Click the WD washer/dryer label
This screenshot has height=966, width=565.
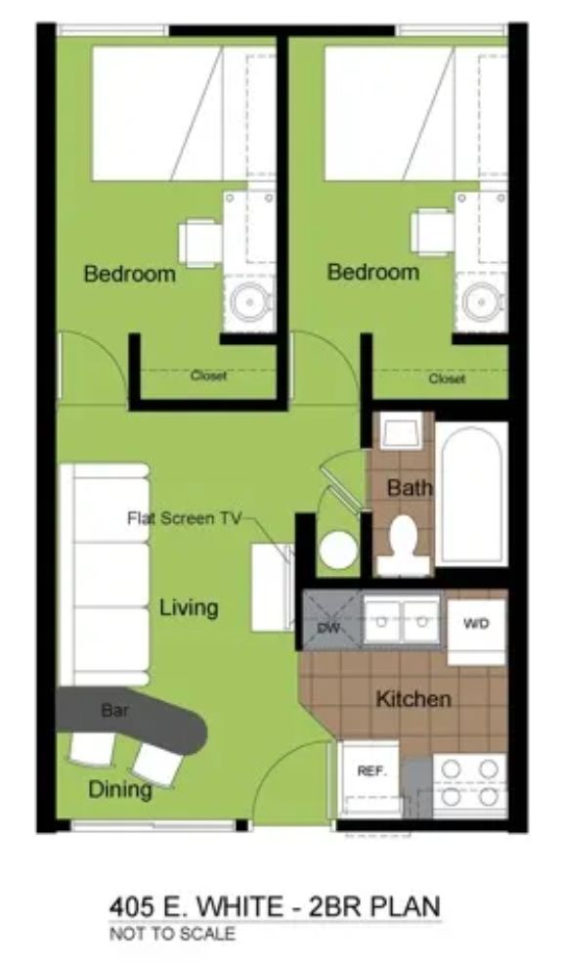pos(476,624)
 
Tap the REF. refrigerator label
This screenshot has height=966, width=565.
pos(371,770)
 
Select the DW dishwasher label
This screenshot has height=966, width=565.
pos(329,627)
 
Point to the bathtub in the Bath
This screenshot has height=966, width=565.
pos(471,494)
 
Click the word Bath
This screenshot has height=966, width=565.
pos(410,488)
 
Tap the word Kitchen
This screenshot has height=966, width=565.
pos(413,699)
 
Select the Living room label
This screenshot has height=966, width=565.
pos(189,609)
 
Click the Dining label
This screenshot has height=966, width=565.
pos(120,790)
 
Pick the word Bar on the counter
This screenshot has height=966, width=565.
pos(114,711)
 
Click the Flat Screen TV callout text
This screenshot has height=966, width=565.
pos(184,518)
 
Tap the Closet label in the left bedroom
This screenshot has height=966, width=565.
pos(208,375)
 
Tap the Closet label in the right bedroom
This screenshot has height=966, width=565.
pos(447,378)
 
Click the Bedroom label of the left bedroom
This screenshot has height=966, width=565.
pos(129,274)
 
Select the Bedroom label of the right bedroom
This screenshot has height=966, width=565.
pos(372,272)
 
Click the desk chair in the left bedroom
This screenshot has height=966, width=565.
pos(200,242)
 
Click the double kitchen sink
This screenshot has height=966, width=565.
pos(402,621)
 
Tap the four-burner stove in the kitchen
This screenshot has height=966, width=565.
pos(470,783)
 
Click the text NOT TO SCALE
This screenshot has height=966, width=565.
pos(172,934)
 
